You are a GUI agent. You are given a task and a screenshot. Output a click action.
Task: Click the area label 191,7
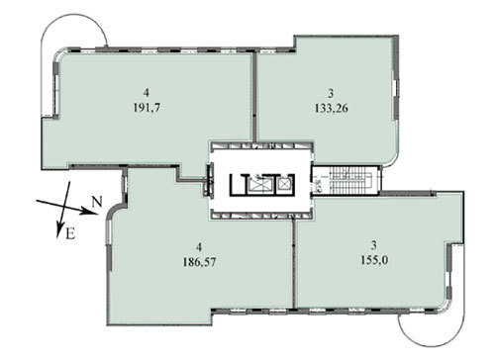147,108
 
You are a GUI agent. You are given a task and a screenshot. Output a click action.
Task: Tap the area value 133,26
332,108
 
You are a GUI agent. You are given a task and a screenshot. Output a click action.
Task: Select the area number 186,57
199,262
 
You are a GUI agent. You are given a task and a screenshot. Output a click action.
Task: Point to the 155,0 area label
374,260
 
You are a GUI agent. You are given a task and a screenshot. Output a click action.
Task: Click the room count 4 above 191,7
147,92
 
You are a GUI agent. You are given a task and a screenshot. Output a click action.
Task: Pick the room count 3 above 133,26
331,94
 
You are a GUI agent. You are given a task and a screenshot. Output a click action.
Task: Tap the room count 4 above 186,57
199,246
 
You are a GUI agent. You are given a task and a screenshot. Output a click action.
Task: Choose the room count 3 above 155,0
374,245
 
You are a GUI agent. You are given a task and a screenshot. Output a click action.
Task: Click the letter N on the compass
97,202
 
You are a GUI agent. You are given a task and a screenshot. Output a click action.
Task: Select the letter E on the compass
70,233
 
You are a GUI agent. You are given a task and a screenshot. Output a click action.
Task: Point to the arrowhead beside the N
91,212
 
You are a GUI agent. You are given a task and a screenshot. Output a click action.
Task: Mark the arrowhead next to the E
59,229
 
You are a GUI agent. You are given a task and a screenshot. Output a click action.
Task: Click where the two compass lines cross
64,206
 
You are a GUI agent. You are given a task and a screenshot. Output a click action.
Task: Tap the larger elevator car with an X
259,185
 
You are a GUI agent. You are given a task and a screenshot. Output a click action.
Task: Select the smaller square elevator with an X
283,184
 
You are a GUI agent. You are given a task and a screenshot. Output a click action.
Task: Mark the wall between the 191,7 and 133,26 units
254,97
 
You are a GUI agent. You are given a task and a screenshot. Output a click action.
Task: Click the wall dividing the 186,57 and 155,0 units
295,264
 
